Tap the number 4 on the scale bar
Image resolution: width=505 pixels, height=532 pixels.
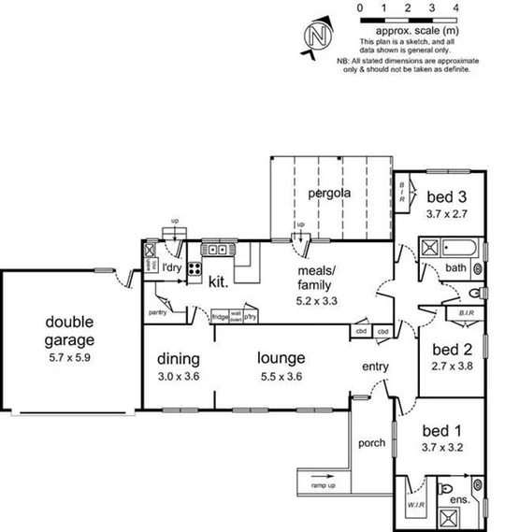click(x=454, y=7)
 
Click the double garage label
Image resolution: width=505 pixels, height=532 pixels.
click(x=70, y=331)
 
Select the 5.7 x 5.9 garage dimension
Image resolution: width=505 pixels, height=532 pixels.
click(x=70, y=356)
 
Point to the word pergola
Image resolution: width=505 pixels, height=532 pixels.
click(x=330, y=194)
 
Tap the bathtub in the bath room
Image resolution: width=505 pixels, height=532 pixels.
click(x=462, y=249)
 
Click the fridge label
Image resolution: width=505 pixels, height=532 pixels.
click(x=220, y=317)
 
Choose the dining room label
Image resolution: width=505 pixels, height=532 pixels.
click(x=179, y=358)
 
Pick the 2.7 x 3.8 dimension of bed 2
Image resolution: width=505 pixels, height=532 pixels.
click(x=451, y=367)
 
